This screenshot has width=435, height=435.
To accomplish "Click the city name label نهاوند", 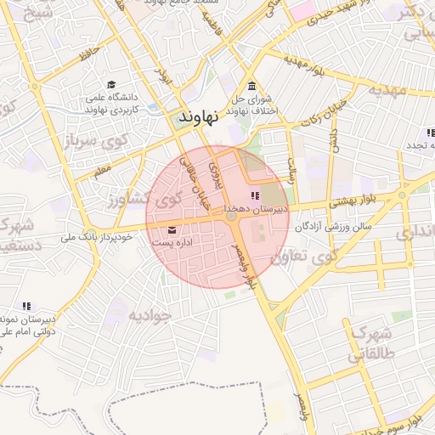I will point(199,116).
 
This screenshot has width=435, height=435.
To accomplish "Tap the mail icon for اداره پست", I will point(173,229).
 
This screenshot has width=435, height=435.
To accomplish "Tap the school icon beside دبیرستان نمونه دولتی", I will point(26,305).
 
